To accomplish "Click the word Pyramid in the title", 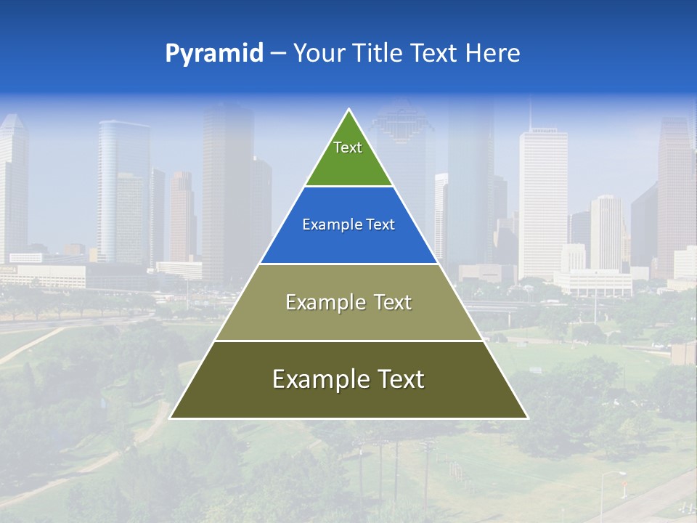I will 214,54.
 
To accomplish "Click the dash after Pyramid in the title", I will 277,54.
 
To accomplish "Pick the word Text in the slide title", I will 435,54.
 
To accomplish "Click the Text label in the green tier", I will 348,147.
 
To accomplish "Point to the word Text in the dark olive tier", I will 401,379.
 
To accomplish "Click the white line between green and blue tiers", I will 348,187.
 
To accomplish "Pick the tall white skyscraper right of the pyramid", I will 543,203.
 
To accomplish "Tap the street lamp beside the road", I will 604,494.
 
